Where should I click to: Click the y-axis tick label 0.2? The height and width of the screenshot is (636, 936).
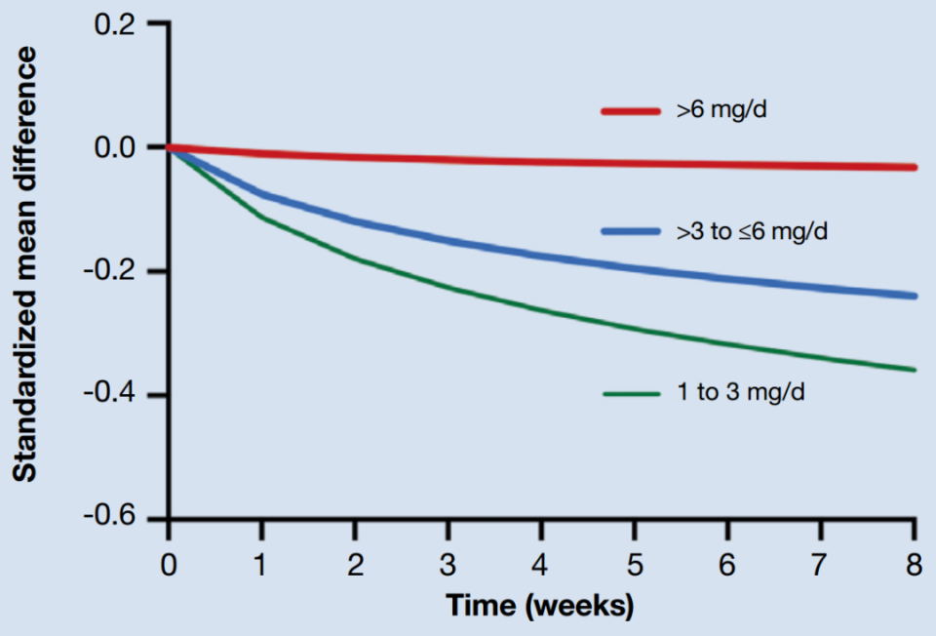click(115, 23)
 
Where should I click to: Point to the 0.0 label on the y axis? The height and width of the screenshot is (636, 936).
click(115, 147)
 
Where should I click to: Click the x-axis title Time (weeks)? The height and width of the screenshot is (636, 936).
click(540, 606)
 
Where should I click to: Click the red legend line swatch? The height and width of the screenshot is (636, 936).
click(633, 111)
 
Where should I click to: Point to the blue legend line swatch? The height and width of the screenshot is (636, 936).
click(633, 231)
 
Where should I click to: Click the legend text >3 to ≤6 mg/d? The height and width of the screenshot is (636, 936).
click(753, 231)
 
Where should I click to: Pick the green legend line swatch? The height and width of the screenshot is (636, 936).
click(633, 394)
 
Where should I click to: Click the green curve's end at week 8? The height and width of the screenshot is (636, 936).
click(914, 370)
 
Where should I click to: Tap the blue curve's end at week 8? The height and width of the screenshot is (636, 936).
click(914, 296)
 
